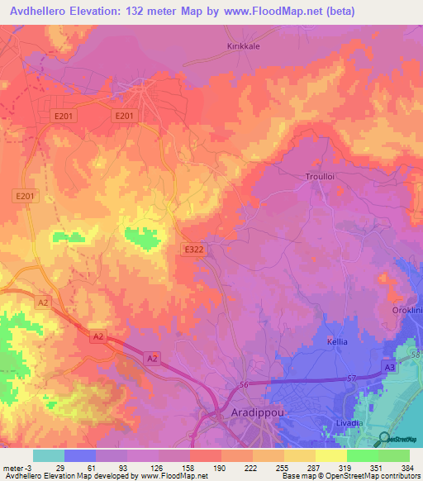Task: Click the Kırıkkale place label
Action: click(244, 46)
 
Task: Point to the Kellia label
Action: click(337, 341)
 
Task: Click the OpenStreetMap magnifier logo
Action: click(385, 440)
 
